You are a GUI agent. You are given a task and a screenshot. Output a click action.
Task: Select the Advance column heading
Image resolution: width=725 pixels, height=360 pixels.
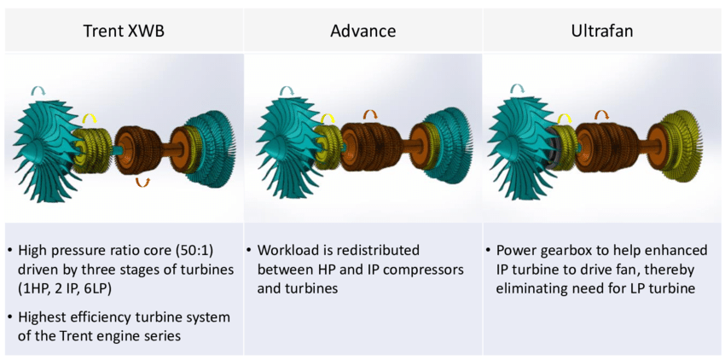(x=363, y=31)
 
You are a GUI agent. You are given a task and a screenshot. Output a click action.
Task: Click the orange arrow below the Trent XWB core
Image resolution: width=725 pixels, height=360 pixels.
(x=143, y=183)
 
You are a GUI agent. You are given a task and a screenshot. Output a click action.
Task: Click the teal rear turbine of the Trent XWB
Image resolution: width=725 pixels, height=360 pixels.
(x=206, y=149)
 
